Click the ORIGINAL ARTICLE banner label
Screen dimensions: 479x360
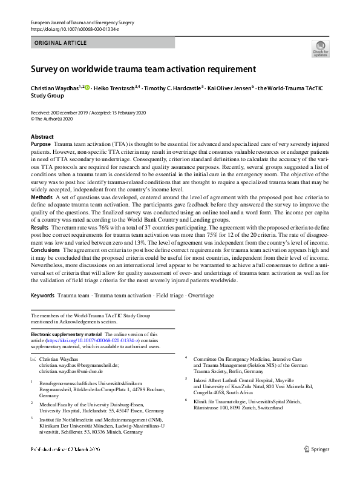(61, 44)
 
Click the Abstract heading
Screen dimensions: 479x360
(42, 137)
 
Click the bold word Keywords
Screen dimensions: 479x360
(42, 295)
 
